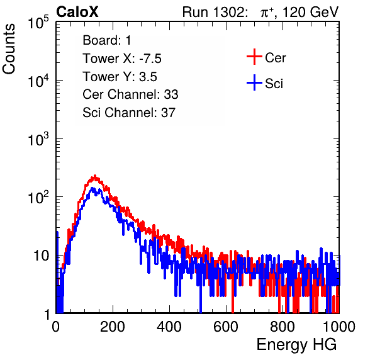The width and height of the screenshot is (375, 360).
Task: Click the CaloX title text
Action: pyautogui.click(x=77, y=12)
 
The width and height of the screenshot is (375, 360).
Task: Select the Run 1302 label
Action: pyautogui.click(x=215, y=12)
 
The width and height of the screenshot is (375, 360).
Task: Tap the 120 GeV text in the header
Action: pyautogui.click(x=311, y=12)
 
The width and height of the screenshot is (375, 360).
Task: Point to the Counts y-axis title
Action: pyautogui.click(x=9, y=49)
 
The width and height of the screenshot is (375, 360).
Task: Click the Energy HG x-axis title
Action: pyautogui.click(x=296, y=345)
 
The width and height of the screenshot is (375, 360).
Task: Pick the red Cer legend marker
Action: pyautogui.click(x=254, y=57)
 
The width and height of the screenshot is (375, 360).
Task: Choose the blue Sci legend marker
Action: pyautogui.click(x=254, y=83)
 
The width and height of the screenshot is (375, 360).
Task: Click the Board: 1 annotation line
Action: pyautogui.click(x=107, y=40)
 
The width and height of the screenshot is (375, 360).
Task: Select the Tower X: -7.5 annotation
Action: pyautogui.click(x=122, y=59)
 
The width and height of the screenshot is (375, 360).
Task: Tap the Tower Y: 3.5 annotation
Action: pyautogui.click(x=120, y=77)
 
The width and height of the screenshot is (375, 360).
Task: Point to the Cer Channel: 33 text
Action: pyautogui.click(x=130, y=94)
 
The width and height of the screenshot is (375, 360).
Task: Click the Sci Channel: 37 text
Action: pyautogui.click(x=129, y=113)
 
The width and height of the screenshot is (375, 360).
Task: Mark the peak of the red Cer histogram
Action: pyautogui.click(x=95, y=176)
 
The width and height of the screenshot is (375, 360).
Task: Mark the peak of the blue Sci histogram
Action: pyautogui.click(x=92, y=188)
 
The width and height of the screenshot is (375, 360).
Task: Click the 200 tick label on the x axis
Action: pyautogui.click(x=113, y=327)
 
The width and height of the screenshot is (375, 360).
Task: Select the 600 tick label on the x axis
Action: pyautogui.click(x=225, y=327)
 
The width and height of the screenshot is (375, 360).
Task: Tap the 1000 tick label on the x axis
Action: pyautogui.click(x=339, y=327)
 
